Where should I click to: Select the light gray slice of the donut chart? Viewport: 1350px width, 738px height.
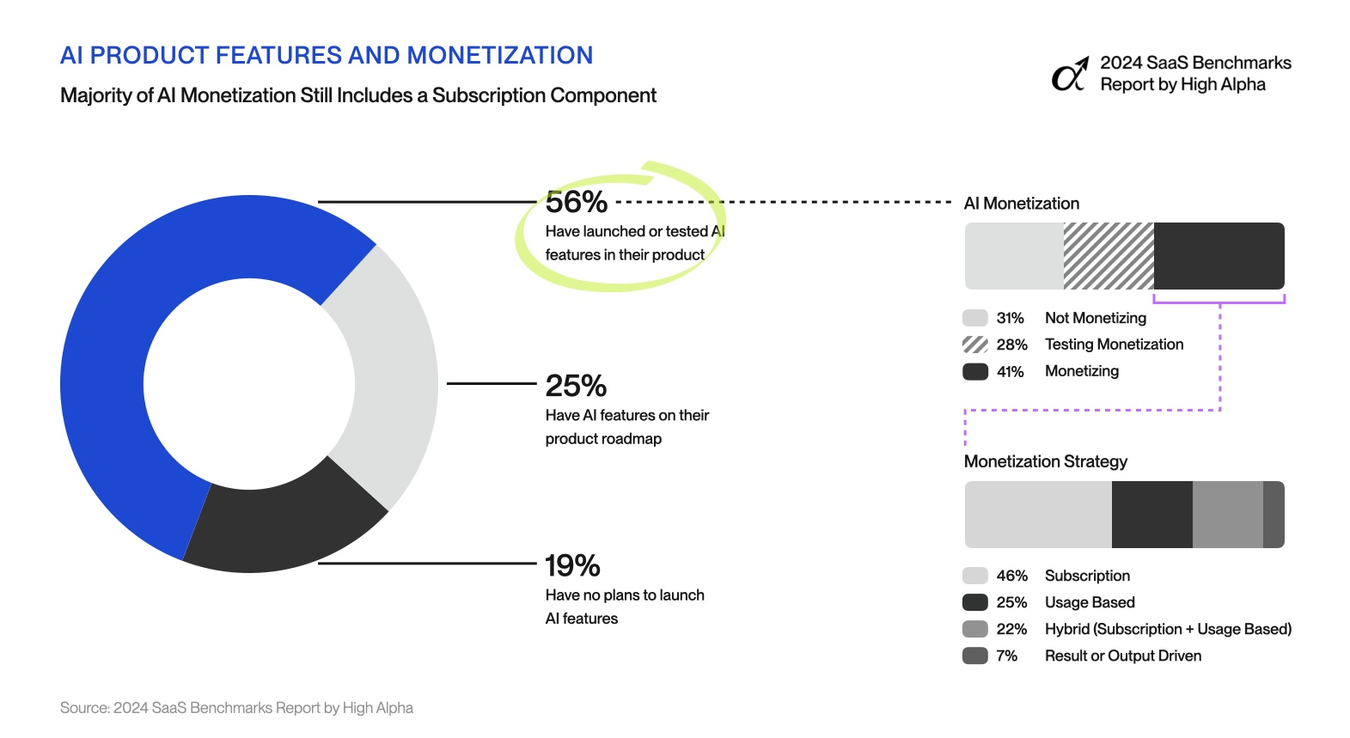point(391,378)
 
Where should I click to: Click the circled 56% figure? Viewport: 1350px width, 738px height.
point(576,203)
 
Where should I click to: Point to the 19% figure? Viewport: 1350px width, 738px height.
point(572,565)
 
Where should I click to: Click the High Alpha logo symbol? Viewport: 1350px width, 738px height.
point(1070,75)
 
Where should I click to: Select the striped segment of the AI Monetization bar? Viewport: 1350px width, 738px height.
point(1109,256)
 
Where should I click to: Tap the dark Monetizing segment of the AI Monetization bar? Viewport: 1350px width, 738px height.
point(1219,256)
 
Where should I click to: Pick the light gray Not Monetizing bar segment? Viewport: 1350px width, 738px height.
point(1014,256)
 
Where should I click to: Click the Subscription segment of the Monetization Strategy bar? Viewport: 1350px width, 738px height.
point(1038,515)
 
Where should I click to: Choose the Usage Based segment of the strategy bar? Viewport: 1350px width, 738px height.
point(1151,515)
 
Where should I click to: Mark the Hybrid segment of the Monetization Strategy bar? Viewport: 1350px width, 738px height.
point(1227,515)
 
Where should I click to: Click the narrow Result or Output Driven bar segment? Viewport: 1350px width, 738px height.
point(1274,515)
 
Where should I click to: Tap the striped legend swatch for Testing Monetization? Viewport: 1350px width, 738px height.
point(975,345)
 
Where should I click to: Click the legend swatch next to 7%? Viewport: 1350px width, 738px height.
point(975,656)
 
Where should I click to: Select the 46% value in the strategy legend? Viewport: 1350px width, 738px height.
point(1011,576)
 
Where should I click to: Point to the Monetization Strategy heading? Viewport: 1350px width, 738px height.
point(1045,461)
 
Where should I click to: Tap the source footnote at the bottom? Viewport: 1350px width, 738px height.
point(236,708)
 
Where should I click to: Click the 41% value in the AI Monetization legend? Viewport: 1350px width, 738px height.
point(1011,371)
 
